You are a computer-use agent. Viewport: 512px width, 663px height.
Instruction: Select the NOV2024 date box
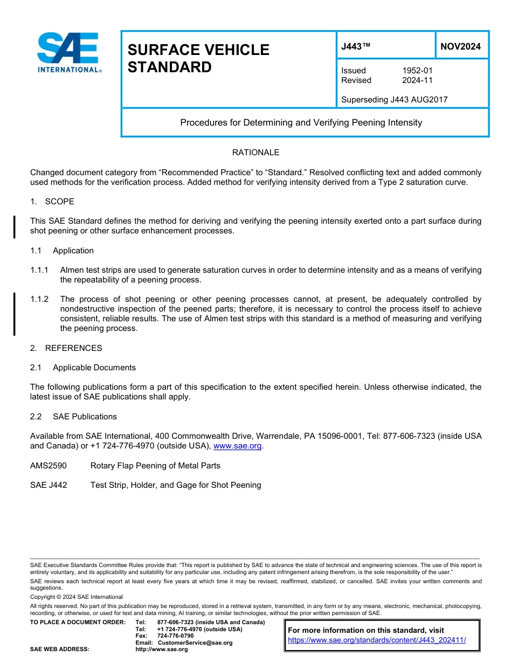460,46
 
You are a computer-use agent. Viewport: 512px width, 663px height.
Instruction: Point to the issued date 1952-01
417,71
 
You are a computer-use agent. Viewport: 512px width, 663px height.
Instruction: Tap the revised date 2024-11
417,80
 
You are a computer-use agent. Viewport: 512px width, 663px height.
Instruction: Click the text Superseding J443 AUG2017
394,99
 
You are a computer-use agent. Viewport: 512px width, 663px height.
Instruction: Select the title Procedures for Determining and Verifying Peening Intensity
301,122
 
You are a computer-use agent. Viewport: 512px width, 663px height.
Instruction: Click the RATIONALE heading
255,153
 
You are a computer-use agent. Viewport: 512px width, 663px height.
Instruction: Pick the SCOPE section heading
59,202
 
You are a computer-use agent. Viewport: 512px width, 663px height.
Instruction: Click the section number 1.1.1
39,270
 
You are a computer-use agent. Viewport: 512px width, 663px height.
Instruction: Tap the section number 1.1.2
39,299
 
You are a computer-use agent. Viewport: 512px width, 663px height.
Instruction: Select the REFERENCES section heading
73,348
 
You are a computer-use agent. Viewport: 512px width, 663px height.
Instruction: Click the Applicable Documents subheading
94,368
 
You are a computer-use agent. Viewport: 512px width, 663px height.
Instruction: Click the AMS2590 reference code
49,466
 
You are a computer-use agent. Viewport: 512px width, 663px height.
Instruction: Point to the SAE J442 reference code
49,485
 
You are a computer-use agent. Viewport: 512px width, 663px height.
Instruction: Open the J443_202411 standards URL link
376,640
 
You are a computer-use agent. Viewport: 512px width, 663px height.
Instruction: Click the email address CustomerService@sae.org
195,643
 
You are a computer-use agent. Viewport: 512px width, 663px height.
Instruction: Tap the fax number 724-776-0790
175,636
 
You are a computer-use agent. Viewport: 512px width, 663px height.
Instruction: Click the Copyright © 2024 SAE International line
77,597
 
